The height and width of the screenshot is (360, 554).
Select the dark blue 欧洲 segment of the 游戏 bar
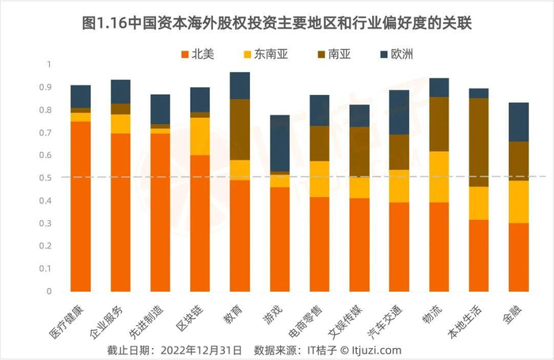[280, 143]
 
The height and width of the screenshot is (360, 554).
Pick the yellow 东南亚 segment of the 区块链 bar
[200, 136]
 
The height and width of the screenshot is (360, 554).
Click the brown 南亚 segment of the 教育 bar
[240, 130]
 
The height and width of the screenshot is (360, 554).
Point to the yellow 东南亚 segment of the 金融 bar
[519, 202]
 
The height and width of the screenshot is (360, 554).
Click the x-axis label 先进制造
[156, 317]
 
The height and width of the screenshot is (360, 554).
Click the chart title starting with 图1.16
[277, 17]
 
